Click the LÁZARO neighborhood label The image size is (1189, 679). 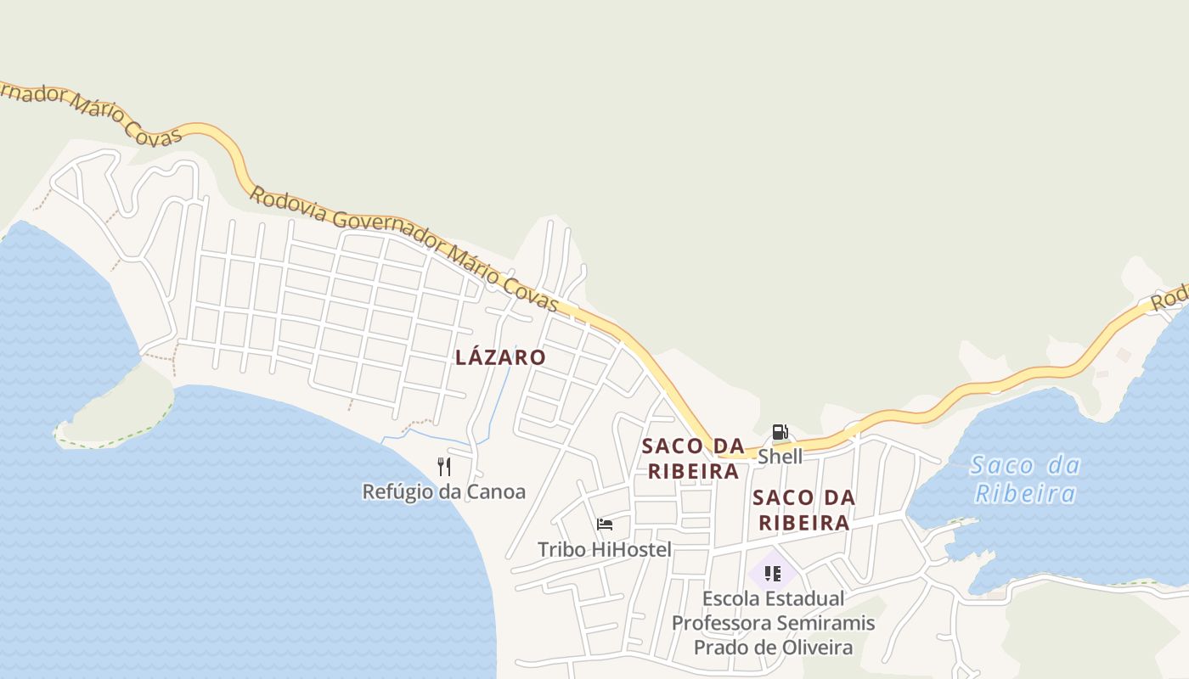(x=500, y=357)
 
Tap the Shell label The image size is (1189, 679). (x=780, y=457)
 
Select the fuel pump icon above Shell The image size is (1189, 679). (x=780, y=433)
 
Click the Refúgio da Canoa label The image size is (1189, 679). (x=443, y=491)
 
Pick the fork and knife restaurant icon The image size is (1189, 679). (x=443, y=466)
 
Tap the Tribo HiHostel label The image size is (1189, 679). (x=604, y=549)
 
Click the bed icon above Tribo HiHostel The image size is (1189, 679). (x=605, y=525)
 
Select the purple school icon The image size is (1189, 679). (x=772, y=574)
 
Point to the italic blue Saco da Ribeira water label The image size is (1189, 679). (x=1025, y=480)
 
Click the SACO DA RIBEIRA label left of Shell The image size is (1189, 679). (x=693, y=458)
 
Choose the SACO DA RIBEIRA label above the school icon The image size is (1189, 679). (x=803, y=510)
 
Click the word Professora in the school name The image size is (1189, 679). (x=723, y=624)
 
